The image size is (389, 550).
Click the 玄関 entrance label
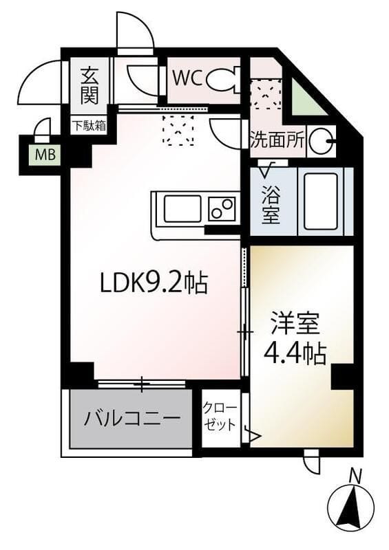point(88,85)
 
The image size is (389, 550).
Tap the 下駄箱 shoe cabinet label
point(90,126)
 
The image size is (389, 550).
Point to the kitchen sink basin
point(182,209)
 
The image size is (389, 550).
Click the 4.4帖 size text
point(296,353)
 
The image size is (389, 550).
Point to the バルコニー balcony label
point(133,418)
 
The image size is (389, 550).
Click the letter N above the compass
point(355,474)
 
